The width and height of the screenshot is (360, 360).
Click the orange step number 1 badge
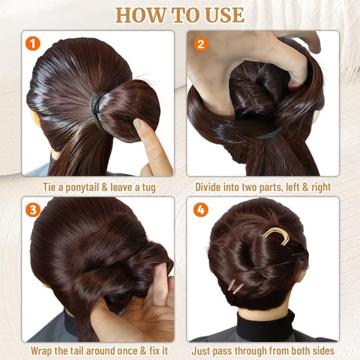pos(33,44)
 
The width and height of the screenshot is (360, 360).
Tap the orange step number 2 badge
pos(201,44)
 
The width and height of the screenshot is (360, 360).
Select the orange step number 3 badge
pos(33,210)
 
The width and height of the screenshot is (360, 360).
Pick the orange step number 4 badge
pos(201,210)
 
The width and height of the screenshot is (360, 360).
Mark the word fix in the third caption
pos(154,351)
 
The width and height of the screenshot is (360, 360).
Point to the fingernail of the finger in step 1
pos(138,125)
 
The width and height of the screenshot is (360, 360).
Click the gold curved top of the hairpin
pos(276,236)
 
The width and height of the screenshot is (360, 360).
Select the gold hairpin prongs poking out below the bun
pos(235,286)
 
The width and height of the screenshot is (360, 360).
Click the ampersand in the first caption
pos(105,187)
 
